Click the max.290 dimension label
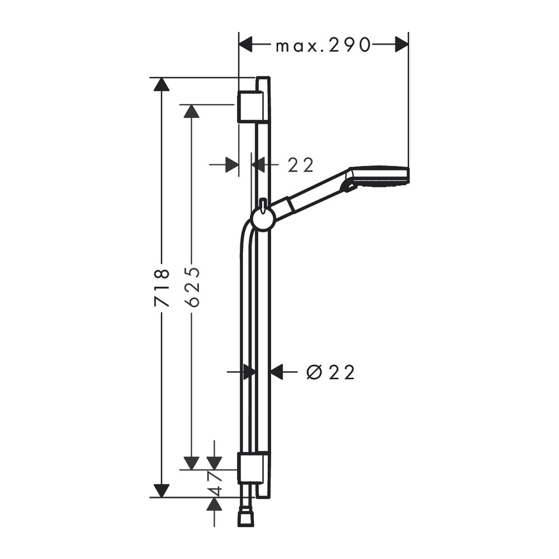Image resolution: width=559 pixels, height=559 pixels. pyautogui.click(x=323, y=46)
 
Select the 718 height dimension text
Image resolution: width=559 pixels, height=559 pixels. pyautogui.click(x=162, y=288)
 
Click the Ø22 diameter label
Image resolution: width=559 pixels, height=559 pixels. pyautogui.click(x=330, y=372)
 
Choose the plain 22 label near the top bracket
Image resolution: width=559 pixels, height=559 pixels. pyautogui.click(x=301, y=165)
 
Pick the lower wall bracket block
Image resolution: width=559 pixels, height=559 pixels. pyautogui.click(x=251, y=468)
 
